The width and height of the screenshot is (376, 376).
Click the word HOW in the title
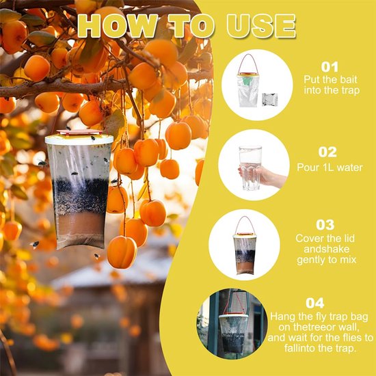click(118, 26)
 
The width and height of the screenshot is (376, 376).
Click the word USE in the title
click(261, 26)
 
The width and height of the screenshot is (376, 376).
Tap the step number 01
click(330, 67)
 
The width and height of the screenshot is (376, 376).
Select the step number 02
click(327, 152)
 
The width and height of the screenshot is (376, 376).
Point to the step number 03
click(325, 225)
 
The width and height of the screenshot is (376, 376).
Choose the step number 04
click(315, 303)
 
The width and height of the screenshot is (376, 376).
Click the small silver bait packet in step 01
click(270, 100)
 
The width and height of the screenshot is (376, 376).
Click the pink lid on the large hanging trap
click(79, 132)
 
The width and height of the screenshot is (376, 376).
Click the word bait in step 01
click(347, 79)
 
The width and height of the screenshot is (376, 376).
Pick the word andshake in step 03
click(326, 249)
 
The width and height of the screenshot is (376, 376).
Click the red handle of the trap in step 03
click(245, 224)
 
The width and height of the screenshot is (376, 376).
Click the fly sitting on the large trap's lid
click(93, 137)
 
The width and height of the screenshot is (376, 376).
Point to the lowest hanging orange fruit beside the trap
click(122, 252)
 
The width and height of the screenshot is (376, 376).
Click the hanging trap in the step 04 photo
click(233, 332)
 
